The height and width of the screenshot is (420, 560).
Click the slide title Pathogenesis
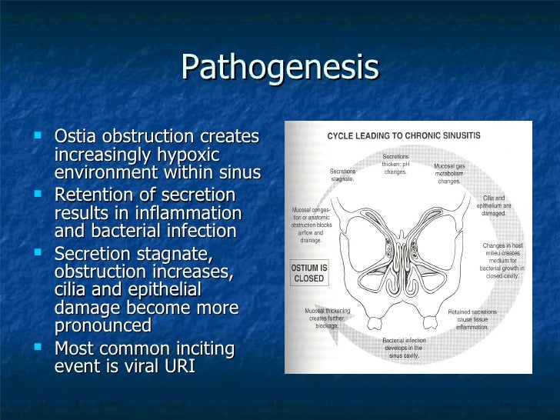point(280,68)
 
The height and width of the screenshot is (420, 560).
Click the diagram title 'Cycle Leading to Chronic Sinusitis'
point(404,135)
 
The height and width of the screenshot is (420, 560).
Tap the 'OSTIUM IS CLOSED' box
point(308,273)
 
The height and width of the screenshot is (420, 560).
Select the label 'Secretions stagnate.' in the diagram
point(342,175)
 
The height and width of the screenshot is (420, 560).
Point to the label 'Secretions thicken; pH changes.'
point(395,164)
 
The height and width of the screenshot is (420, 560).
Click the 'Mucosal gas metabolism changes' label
point(449,173)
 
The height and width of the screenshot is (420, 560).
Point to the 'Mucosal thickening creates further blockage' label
point(327,318)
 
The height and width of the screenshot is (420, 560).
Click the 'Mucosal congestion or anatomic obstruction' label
point(311,224)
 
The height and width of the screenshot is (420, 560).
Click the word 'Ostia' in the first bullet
point(75,137)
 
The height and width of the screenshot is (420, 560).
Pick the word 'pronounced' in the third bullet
point(103,325)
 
